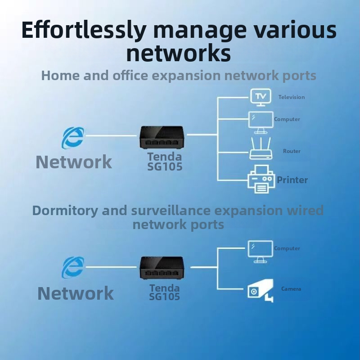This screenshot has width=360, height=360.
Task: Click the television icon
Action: [261, 96]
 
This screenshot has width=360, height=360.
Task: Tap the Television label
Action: [291, 97]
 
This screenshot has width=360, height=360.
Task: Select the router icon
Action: [261, 149]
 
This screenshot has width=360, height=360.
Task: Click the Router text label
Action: [292, 151]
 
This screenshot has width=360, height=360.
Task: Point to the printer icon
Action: [261, 179]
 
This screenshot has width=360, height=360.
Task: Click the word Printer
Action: [292, 180]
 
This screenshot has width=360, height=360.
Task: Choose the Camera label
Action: [291, 289]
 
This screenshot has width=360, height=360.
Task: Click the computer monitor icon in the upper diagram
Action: [261, 122]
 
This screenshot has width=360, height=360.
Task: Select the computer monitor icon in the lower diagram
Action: [260, 251]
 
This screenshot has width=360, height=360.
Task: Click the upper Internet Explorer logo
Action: [73, 137]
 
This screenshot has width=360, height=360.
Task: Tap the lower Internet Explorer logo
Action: [73, 268]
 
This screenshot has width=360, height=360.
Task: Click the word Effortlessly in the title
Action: [83, 31]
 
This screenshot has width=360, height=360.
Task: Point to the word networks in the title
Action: [179, 53]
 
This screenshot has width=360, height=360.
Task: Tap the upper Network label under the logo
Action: [74, 162]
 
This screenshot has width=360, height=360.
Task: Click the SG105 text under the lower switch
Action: [165, 297]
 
